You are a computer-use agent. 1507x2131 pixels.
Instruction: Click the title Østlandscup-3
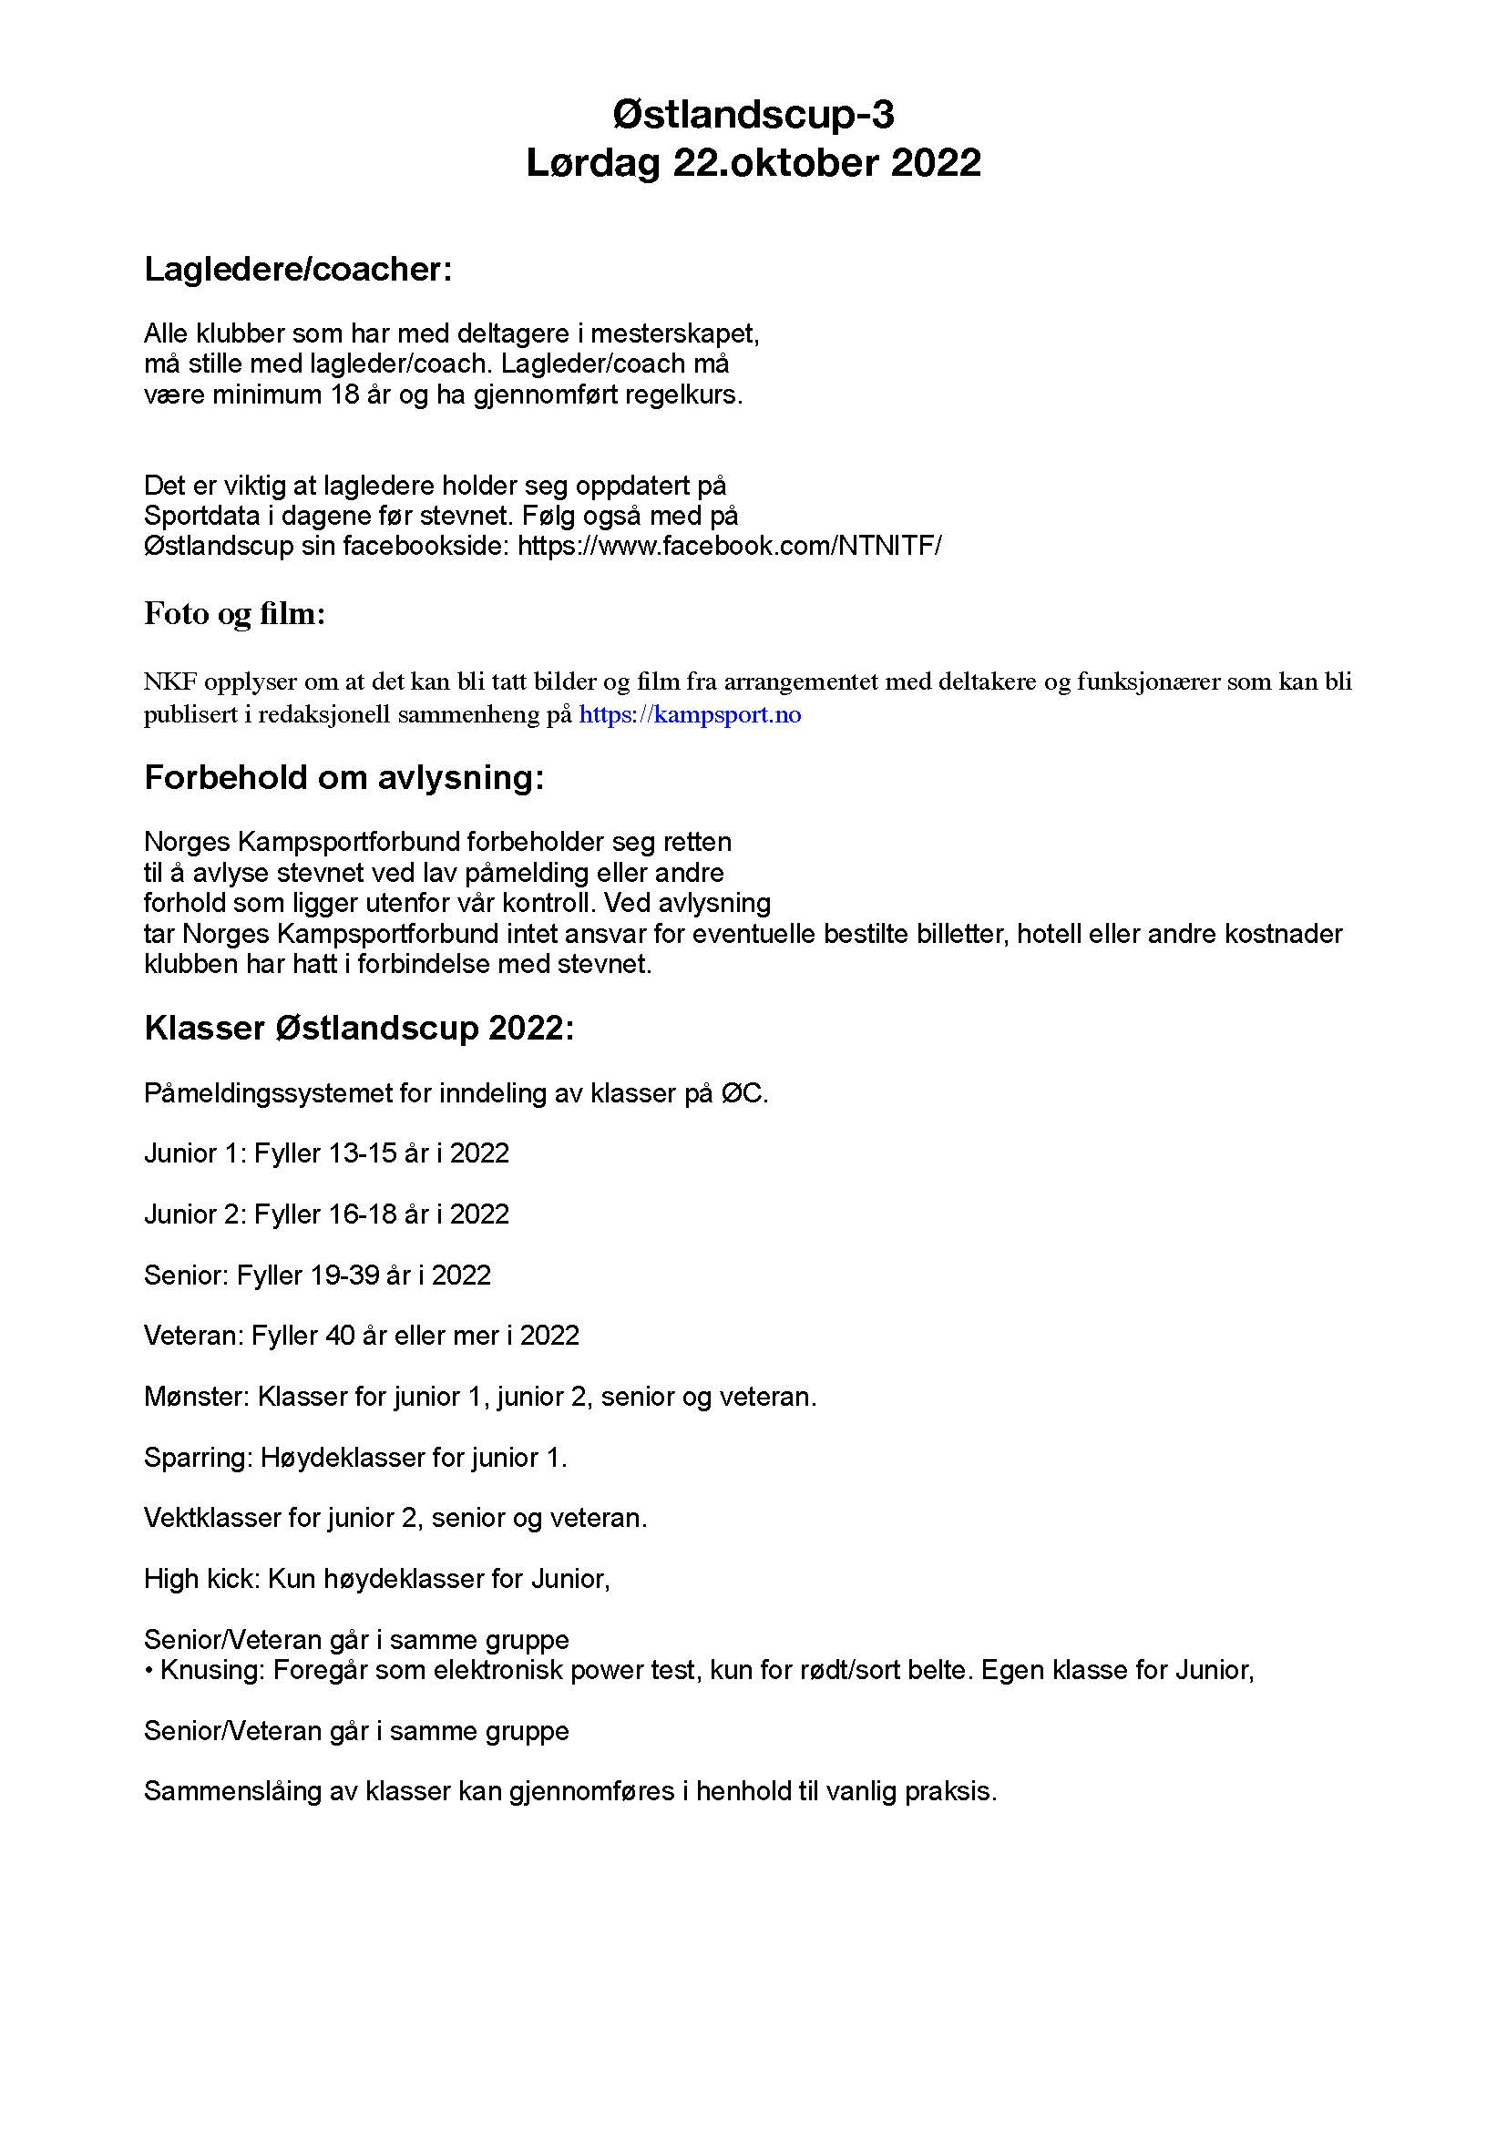753,115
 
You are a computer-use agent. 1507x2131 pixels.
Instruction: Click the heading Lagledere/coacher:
298,269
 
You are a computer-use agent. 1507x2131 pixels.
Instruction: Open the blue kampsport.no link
690,714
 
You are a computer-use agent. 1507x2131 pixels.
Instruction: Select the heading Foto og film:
235,613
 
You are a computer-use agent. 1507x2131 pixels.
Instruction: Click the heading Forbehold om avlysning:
343,777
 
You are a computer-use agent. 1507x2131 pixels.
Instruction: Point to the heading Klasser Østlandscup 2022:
359,1029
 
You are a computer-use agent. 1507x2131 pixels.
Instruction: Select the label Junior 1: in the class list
195,1153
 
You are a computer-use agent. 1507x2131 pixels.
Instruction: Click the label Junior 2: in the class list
195,1214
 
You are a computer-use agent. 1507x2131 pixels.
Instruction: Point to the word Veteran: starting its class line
193,1335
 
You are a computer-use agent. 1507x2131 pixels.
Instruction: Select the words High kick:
201,1579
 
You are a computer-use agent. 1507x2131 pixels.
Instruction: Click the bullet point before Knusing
149,1671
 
